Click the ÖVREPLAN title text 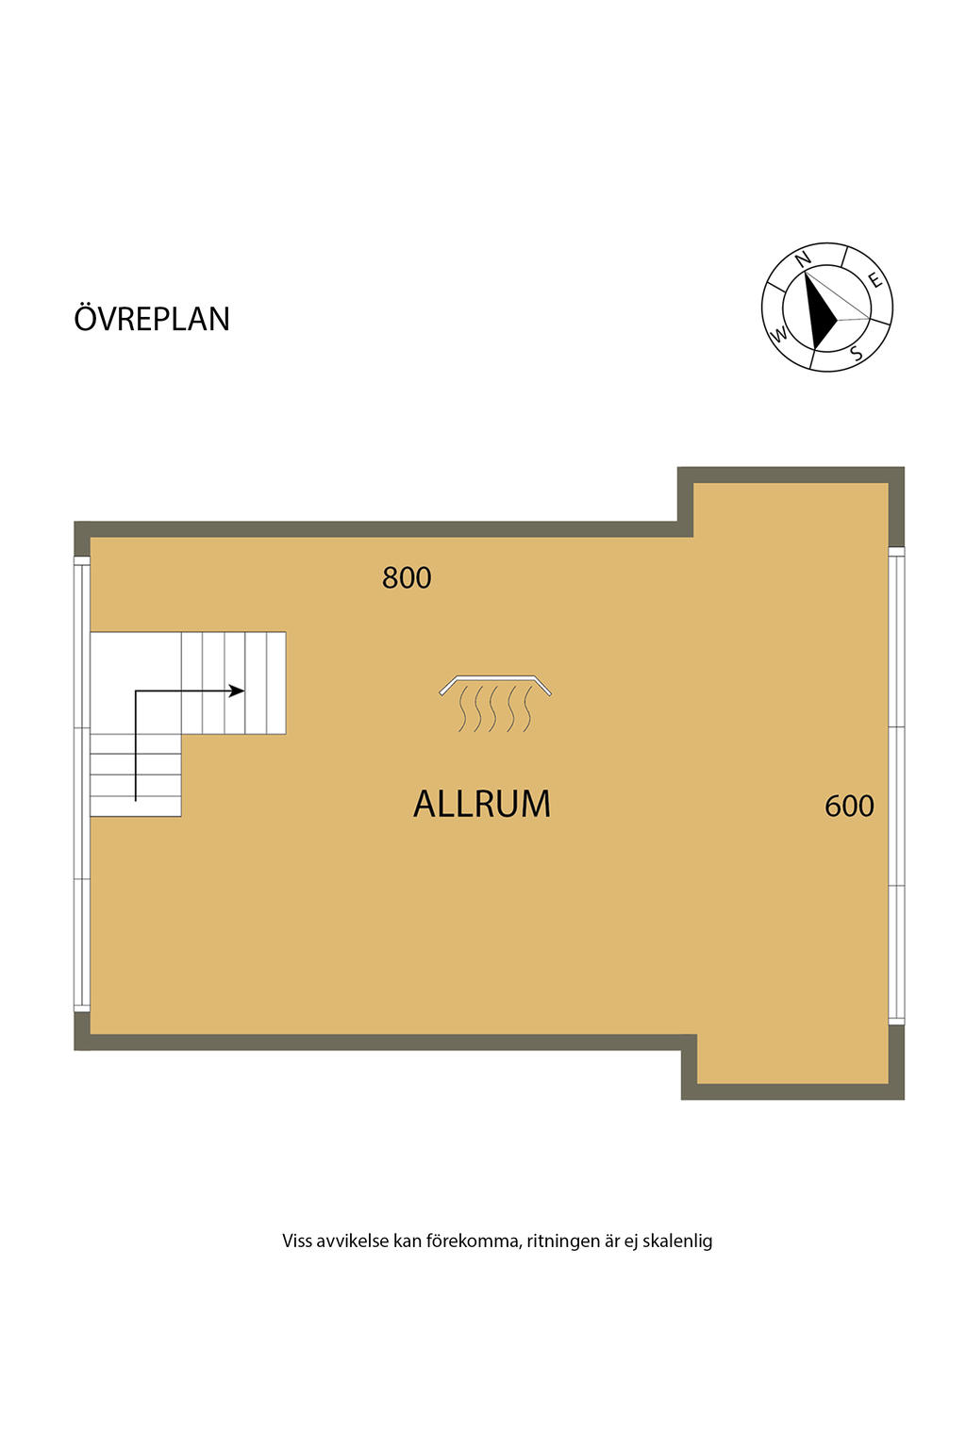[152, 318]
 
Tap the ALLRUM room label [482, 804]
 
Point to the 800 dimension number [407, 577]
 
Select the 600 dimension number [849, 806]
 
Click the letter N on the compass [803, 259]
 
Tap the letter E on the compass [875, 279]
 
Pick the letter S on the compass [856, 354]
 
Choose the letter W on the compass [779, 334]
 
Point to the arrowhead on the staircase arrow [239, 691]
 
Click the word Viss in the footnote [296, 1241]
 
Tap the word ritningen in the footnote [563, 1241]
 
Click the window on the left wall [82, 783]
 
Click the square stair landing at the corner [136, 682]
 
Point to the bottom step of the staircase [136, 807]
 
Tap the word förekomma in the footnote [472, 1241]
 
